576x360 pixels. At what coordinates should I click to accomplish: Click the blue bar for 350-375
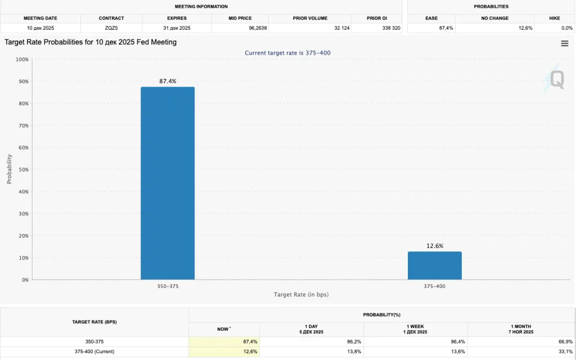168,183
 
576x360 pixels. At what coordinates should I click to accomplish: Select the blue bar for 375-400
434,265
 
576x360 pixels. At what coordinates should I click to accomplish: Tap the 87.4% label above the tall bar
168,82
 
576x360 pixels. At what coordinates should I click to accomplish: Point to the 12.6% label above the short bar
434,246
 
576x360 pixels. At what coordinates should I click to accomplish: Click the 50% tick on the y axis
22,169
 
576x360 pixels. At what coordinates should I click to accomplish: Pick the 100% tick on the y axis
22,59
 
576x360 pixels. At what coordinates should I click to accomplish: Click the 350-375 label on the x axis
168,286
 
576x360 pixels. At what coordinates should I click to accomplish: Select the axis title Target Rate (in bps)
301,295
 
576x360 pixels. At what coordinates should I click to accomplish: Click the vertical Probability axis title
9,169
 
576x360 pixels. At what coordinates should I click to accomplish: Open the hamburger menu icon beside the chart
565,44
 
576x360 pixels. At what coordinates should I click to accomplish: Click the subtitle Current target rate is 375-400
291,53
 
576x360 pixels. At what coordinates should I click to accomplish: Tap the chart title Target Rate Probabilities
91,42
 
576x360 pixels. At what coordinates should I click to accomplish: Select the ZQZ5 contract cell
111,28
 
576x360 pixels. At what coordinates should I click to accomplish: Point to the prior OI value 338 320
391,28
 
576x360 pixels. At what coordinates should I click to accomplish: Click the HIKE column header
555,18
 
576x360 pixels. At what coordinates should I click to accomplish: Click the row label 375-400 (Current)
94,352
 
